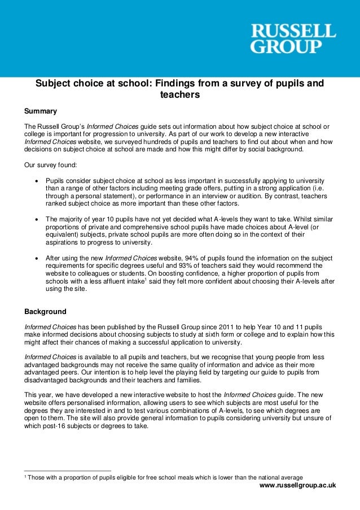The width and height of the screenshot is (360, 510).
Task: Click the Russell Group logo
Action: [293, 38]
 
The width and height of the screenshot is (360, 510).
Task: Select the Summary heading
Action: [41, 111]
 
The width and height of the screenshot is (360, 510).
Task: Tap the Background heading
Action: [45, 311]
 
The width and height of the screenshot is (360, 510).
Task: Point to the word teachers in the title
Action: [180, 95]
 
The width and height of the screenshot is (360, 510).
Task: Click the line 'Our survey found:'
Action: [49, 167]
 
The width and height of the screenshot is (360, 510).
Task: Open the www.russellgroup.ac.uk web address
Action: [297, 485]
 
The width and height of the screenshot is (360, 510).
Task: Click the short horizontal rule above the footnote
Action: [67, 470]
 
